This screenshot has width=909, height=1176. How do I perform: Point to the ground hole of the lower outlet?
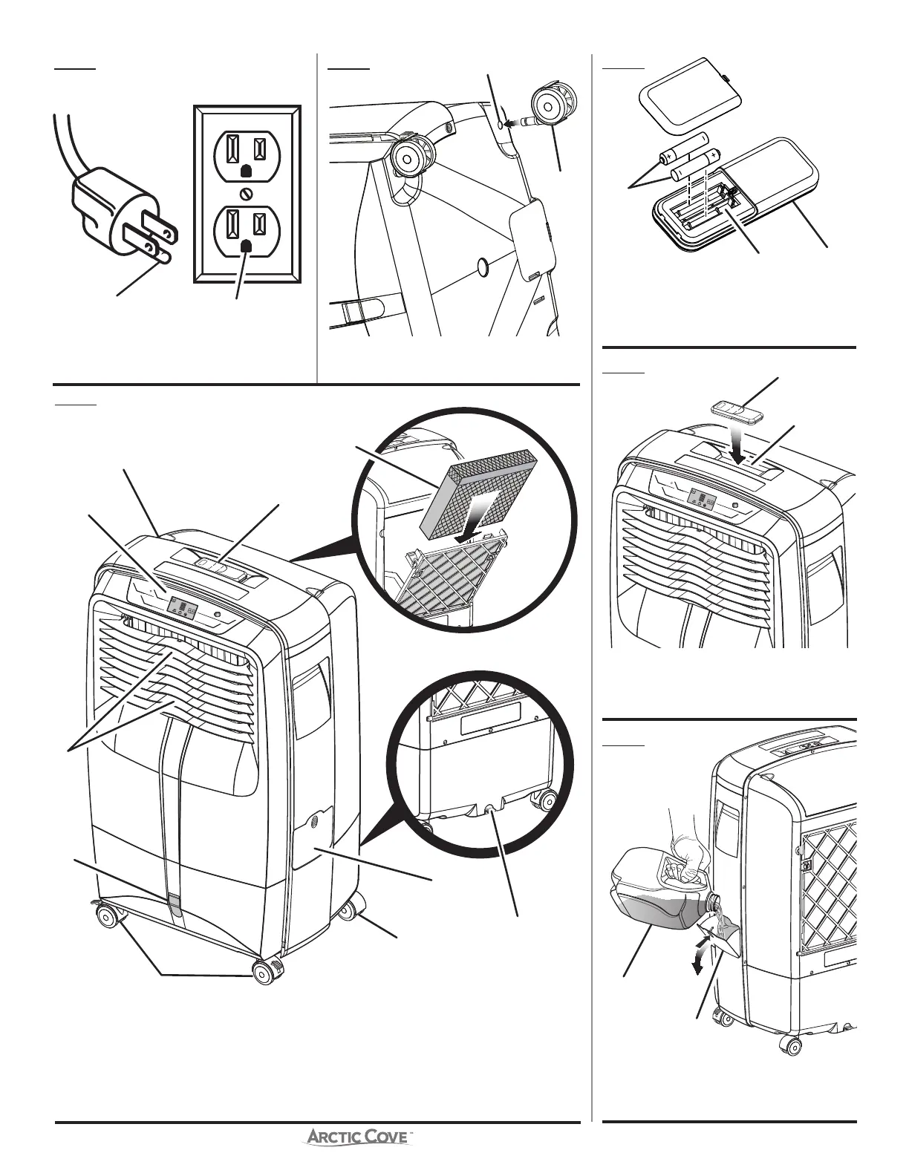[247, 244]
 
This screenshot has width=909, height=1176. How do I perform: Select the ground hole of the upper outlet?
[247, 170]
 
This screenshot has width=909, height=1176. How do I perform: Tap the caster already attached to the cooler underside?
[407, 157]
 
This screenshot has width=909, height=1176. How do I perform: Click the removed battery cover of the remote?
[681, 92]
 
